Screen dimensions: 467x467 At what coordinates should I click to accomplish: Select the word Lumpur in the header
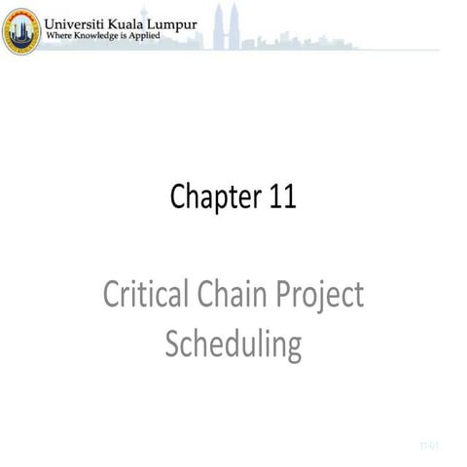[x=190, y=19]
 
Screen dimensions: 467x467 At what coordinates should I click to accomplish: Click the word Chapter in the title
[x=211, y=198]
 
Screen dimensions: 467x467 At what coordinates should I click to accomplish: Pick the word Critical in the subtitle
[x=139, y=295]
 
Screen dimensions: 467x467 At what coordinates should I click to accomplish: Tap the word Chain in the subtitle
[x=225, y=295]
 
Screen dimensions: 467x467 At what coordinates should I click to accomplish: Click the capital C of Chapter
[x=179, y=198]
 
